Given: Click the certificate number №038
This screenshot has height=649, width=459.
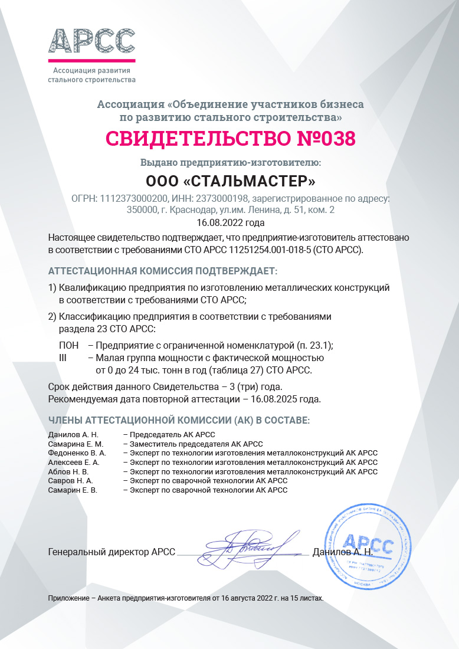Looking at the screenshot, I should tap(325, 138).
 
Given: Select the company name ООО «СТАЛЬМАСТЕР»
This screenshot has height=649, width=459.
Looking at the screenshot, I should tap(230, 179).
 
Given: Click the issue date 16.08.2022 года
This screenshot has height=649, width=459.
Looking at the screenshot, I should tap(230, 222).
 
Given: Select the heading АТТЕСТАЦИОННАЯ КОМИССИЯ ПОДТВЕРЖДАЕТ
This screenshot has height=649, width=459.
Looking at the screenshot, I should tap(162, 271).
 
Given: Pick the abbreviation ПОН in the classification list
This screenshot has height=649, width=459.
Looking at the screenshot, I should tap(69, 345).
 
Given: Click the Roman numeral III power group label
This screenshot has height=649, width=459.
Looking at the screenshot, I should tap(64, 358).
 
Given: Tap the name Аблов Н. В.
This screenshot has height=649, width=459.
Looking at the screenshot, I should tap(68, 472).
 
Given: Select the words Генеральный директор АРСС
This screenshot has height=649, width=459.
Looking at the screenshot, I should tap(112, 552).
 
